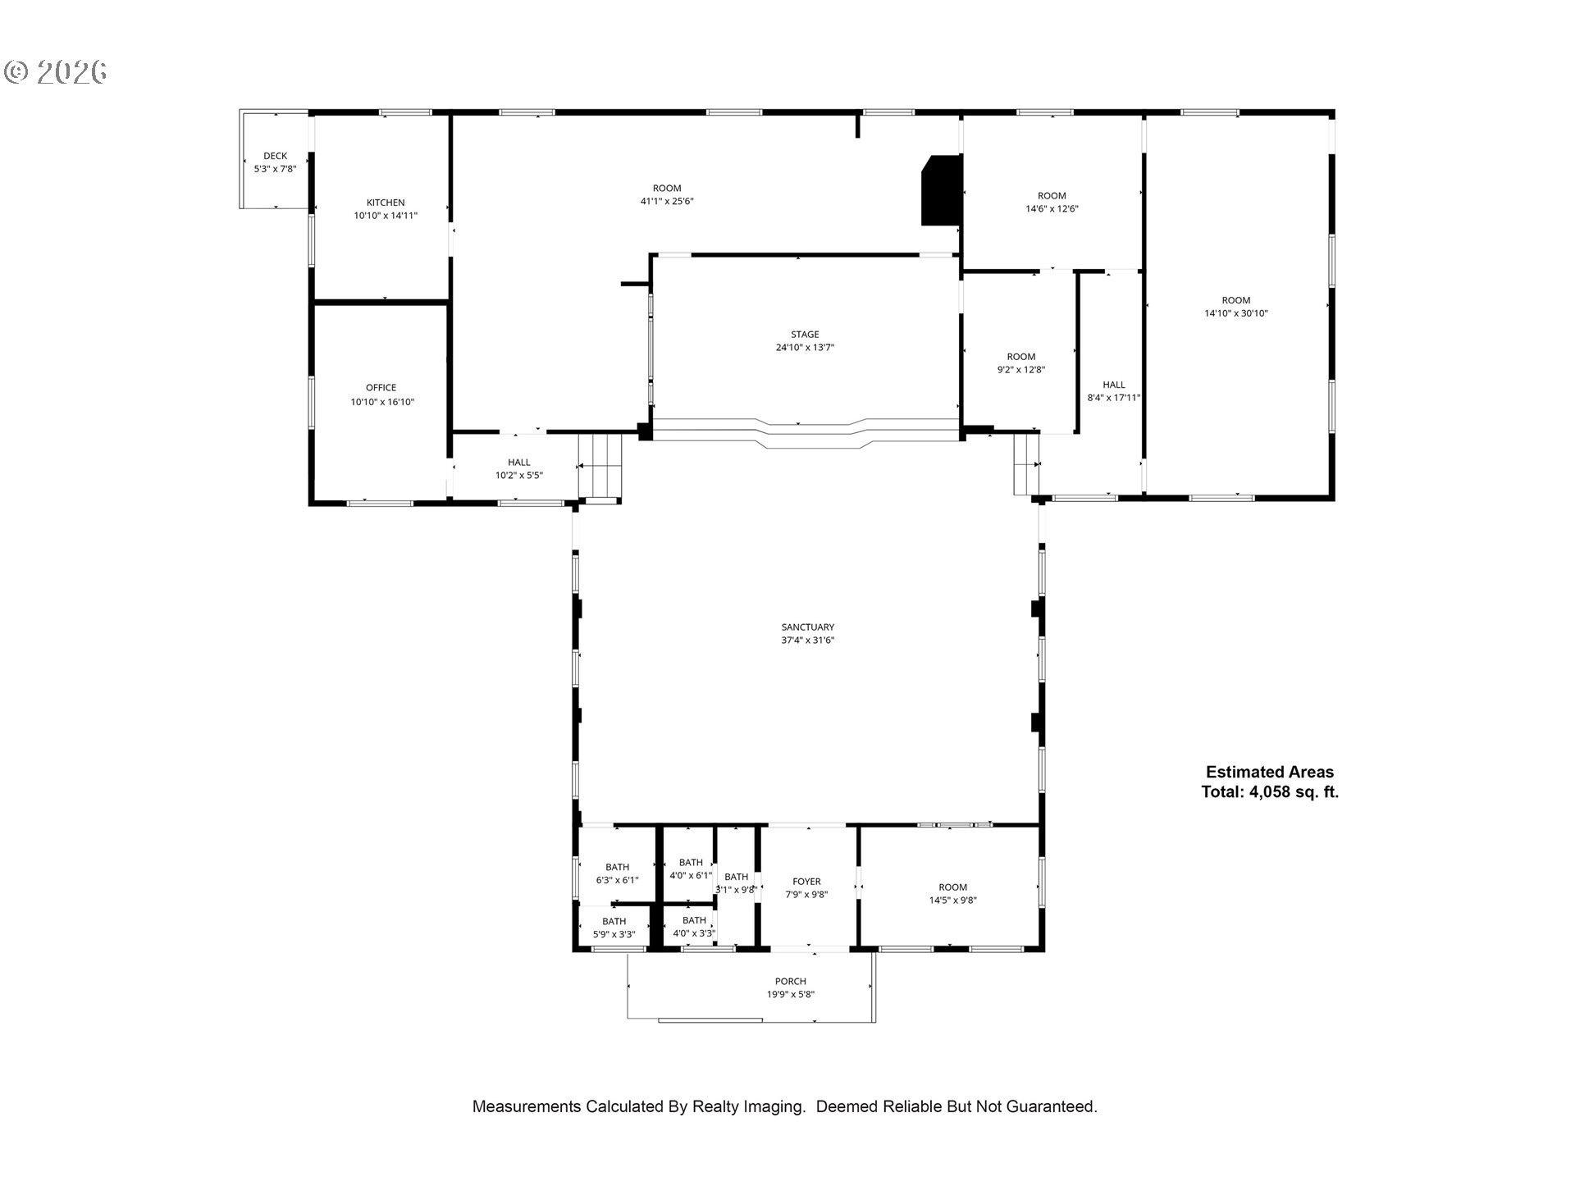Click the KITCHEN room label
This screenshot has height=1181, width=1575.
pyautogui.click(x=386, y=203)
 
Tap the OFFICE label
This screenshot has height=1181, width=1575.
pyautogui.click(x=381, y=388)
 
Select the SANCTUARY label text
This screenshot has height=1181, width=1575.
pyautogui.click(x=808, y=627)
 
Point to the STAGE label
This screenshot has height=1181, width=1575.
pyautogui.click(x=805, y=335)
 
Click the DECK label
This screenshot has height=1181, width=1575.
pyautogui.click(x=276, y=156)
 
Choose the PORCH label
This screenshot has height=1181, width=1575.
pyautogui.click(x=791, y=982)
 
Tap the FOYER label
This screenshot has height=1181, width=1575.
pyautogui.click(x=807, y=882)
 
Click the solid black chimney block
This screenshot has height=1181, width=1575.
pyautogui.click(x=941, y=190)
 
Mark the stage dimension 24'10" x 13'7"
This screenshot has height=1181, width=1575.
pyautogui.click(x=806, y=348)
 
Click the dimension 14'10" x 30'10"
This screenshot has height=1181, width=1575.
pyautogui.click(x=1236, y=313)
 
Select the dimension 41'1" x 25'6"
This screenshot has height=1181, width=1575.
pyautogui.click(x=667, y=201)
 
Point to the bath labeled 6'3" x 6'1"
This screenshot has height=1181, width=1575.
pyautogui.click(x=618, y=873)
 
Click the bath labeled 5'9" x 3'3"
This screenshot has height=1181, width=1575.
pyautogui.click(x=614, y=928)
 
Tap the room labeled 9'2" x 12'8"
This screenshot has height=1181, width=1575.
pyautogui.click(x=1021, y=363)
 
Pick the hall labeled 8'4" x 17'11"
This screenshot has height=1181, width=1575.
pyautogui.click(x=1114, y=391)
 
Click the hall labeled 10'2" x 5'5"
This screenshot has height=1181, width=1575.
pyautogui.click(x=519, y=469)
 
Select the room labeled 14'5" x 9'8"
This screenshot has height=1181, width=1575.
pyautogui.click(x=953, y=893)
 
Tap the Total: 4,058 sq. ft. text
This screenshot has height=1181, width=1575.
pyautogui.click(x=1270, y=792)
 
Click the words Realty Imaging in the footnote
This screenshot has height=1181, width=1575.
pyautogui.click(x=749, y=1106)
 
